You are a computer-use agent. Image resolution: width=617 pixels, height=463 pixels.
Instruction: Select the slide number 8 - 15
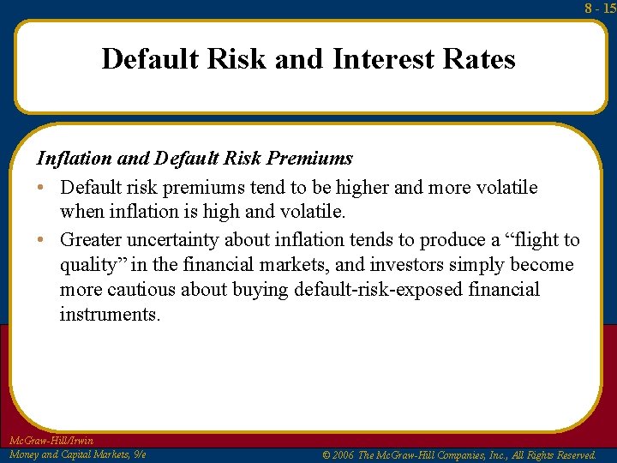[x=601, y=9]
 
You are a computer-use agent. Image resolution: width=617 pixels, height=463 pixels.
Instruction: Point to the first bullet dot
[x=42, y=188]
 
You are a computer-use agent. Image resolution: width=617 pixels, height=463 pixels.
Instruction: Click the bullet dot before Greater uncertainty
[x=42, y=241]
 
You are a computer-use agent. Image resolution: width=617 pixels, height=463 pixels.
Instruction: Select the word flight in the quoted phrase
[x=536, y=240]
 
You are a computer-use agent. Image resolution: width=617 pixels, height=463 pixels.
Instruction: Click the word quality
[x=88, y=266]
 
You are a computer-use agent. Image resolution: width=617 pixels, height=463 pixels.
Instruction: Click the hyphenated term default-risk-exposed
[x=379, y=290]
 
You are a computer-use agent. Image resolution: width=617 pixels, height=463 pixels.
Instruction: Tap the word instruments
[x=109, y=315]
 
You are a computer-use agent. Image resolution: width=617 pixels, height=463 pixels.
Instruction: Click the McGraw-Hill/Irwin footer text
[x=51, y=441]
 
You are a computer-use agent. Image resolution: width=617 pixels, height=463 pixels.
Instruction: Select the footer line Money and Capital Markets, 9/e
[x=77, y=454]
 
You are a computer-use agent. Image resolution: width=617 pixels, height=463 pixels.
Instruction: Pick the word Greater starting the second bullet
[x=91, y=240]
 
